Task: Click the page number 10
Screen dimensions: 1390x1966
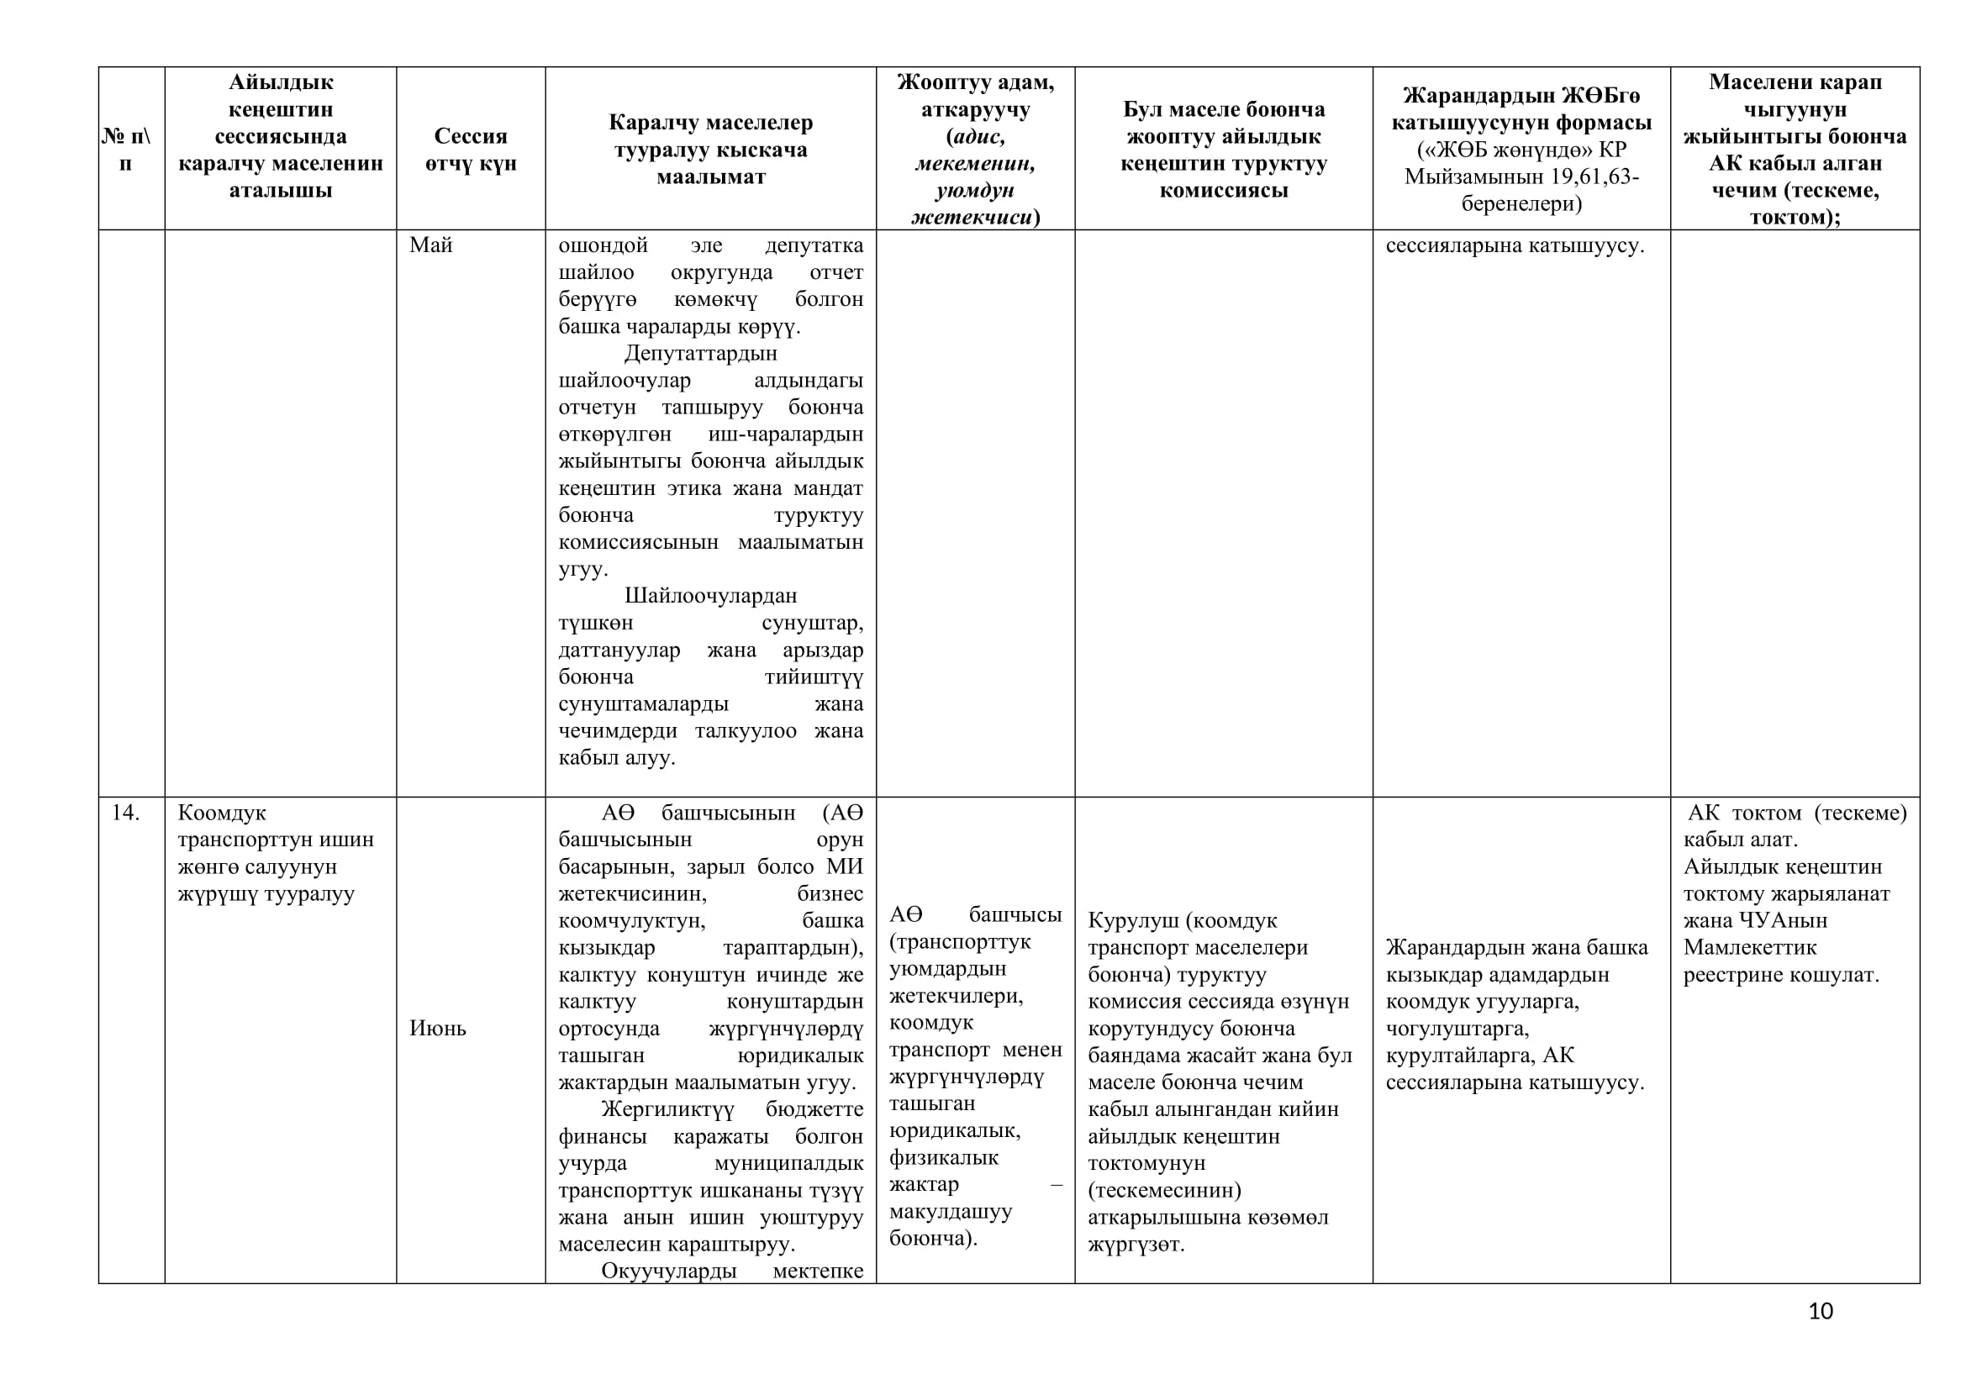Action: [1821, 1311]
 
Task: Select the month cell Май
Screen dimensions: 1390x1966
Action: [430, 245]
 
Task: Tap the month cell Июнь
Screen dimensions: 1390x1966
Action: [438, 1028]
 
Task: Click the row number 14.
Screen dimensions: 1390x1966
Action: [125, 813]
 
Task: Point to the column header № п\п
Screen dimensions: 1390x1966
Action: [126, 149]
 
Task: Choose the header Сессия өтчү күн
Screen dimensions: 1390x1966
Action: [471, 149]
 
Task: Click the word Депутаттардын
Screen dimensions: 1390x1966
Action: [700, 354]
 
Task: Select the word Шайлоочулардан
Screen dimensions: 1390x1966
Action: [711, 596]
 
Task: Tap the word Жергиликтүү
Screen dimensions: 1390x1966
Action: [668, 1109]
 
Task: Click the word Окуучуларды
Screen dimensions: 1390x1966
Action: [669, 1271]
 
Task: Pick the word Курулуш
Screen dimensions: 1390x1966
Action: [1134, 921]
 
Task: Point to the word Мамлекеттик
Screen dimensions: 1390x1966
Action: [1749, 947]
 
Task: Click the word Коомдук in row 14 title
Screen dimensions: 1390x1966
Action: [222, 813]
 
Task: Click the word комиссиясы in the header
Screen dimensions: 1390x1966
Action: [1224, 190]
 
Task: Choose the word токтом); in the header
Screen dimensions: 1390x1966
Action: [1795, 218]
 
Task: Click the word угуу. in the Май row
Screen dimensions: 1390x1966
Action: [583, 569]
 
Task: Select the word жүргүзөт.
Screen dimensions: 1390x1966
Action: [1136, 1245]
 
